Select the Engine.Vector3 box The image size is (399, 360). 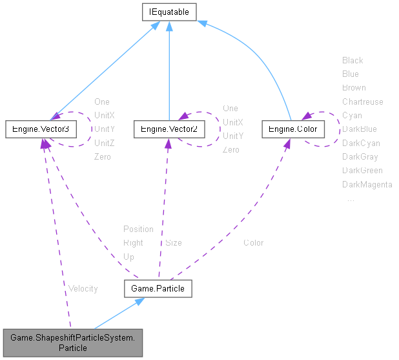click(41, 129)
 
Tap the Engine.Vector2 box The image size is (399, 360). click(169, 129)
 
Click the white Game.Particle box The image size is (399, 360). click(158, 288)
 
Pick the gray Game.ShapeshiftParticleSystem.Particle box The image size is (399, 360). click(72, 342)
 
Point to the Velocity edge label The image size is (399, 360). click(82, 288)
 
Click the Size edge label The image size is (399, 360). click(173, 243)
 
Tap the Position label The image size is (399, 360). click(138, 229)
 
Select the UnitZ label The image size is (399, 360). click(104, 142)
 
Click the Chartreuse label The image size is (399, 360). click(362, 101)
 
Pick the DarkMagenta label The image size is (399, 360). click(367, 184)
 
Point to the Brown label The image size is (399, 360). click(354, 87)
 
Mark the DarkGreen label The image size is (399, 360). click(362, 170)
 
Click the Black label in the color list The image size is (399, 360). click(353, 60)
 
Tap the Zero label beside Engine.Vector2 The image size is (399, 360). click(230, 149)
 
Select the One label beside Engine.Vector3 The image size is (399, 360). click(102, 101)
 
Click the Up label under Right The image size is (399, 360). click(128, 257)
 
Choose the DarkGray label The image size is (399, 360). click(360, 156)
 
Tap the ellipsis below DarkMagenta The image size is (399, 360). click(351, 199)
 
